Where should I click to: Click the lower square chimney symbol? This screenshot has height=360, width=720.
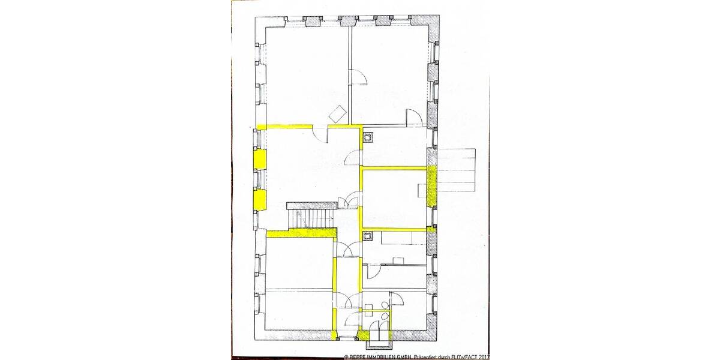[x=368, y=236]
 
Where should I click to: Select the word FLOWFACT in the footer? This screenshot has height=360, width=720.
[x=467, y=356]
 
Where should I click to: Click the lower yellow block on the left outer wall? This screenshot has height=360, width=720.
[x=260, y=199]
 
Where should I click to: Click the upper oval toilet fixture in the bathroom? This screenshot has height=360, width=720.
[x=383, y=305]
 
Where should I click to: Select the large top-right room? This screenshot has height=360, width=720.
[x=390, y=72]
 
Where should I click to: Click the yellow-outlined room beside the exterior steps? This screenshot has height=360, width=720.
[x=394, y=199]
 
